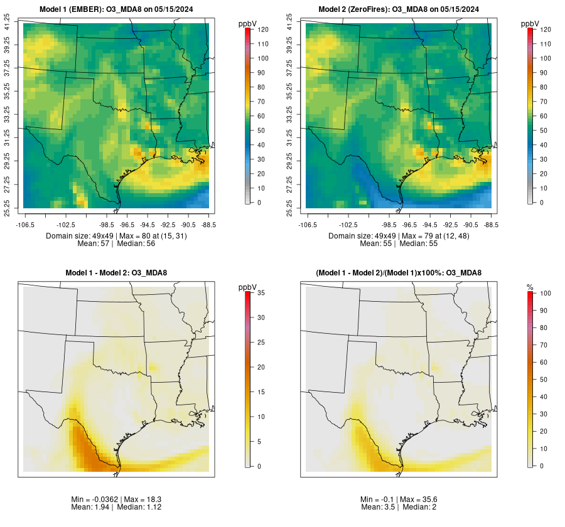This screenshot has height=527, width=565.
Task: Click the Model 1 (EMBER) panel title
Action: pos(117,9)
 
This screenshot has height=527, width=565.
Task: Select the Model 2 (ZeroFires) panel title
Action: pos(397,9)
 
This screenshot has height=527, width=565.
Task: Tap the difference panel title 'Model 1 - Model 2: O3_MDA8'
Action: pos(116,272)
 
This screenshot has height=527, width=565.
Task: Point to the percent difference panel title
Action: pos(397,272)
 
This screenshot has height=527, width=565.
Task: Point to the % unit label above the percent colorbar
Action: pos(530,287)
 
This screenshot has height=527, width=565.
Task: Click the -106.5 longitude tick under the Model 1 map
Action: pos(24,224)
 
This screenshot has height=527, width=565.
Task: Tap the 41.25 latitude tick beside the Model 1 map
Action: pos(8,24)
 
